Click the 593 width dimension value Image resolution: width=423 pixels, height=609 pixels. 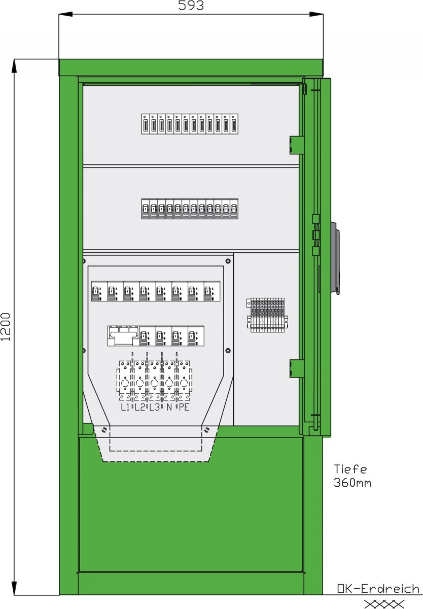click(191, 5)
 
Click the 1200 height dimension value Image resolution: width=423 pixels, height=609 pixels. click(6, 327)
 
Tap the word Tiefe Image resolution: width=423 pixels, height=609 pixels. click(350, 469)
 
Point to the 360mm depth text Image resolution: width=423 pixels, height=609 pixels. click(352, 483)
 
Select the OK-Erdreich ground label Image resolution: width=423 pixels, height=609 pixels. click(378, 589)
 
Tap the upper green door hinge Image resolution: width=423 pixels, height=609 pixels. click(297, 145)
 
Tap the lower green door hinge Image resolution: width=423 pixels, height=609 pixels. click(297, 368)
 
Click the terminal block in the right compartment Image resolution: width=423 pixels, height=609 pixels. click(267, 315)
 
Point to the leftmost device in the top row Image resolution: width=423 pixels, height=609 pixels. click(146, 124)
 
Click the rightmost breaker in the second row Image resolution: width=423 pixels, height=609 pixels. click(234, 209)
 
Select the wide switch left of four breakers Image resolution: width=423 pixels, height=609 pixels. click(124, 336)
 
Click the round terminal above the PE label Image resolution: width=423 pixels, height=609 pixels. click(184, 384)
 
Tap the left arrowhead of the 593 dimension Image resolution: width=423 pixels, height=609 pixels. click(65, 14)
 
